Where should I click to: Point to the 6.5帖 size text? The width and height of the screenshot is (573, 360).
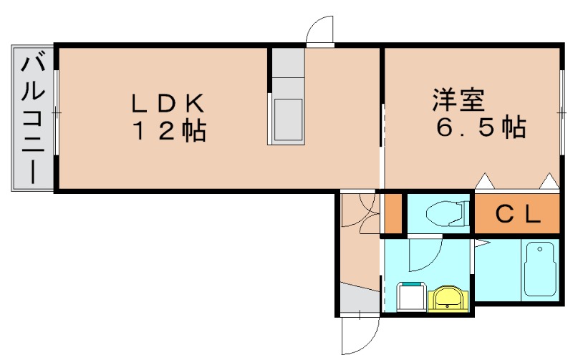click(481, 128)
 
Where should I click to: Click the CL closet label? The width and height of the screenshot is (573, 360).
click(516, 215)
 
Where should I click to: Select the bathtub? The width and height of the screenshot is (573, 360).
click(541, 270)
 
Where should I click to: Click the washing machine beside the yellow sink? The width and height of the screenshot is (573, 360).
click(411, 297)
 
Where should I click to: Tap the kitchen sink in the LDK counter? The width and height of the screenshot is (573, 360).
click(288, 119)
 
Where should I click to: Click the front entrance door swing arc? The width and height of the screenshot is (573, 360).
click(358, 336)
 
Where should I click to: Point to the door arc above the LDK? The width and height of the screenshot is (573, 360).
click(319, 30)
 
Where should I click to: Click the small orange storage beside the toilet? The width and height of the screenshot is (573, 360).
click(393, 213)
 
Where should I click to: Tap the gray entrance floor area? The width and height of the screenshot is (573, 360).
click(359, 298)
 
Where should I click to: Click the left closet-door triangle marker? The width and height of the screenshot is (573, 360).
click(485, 181)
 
